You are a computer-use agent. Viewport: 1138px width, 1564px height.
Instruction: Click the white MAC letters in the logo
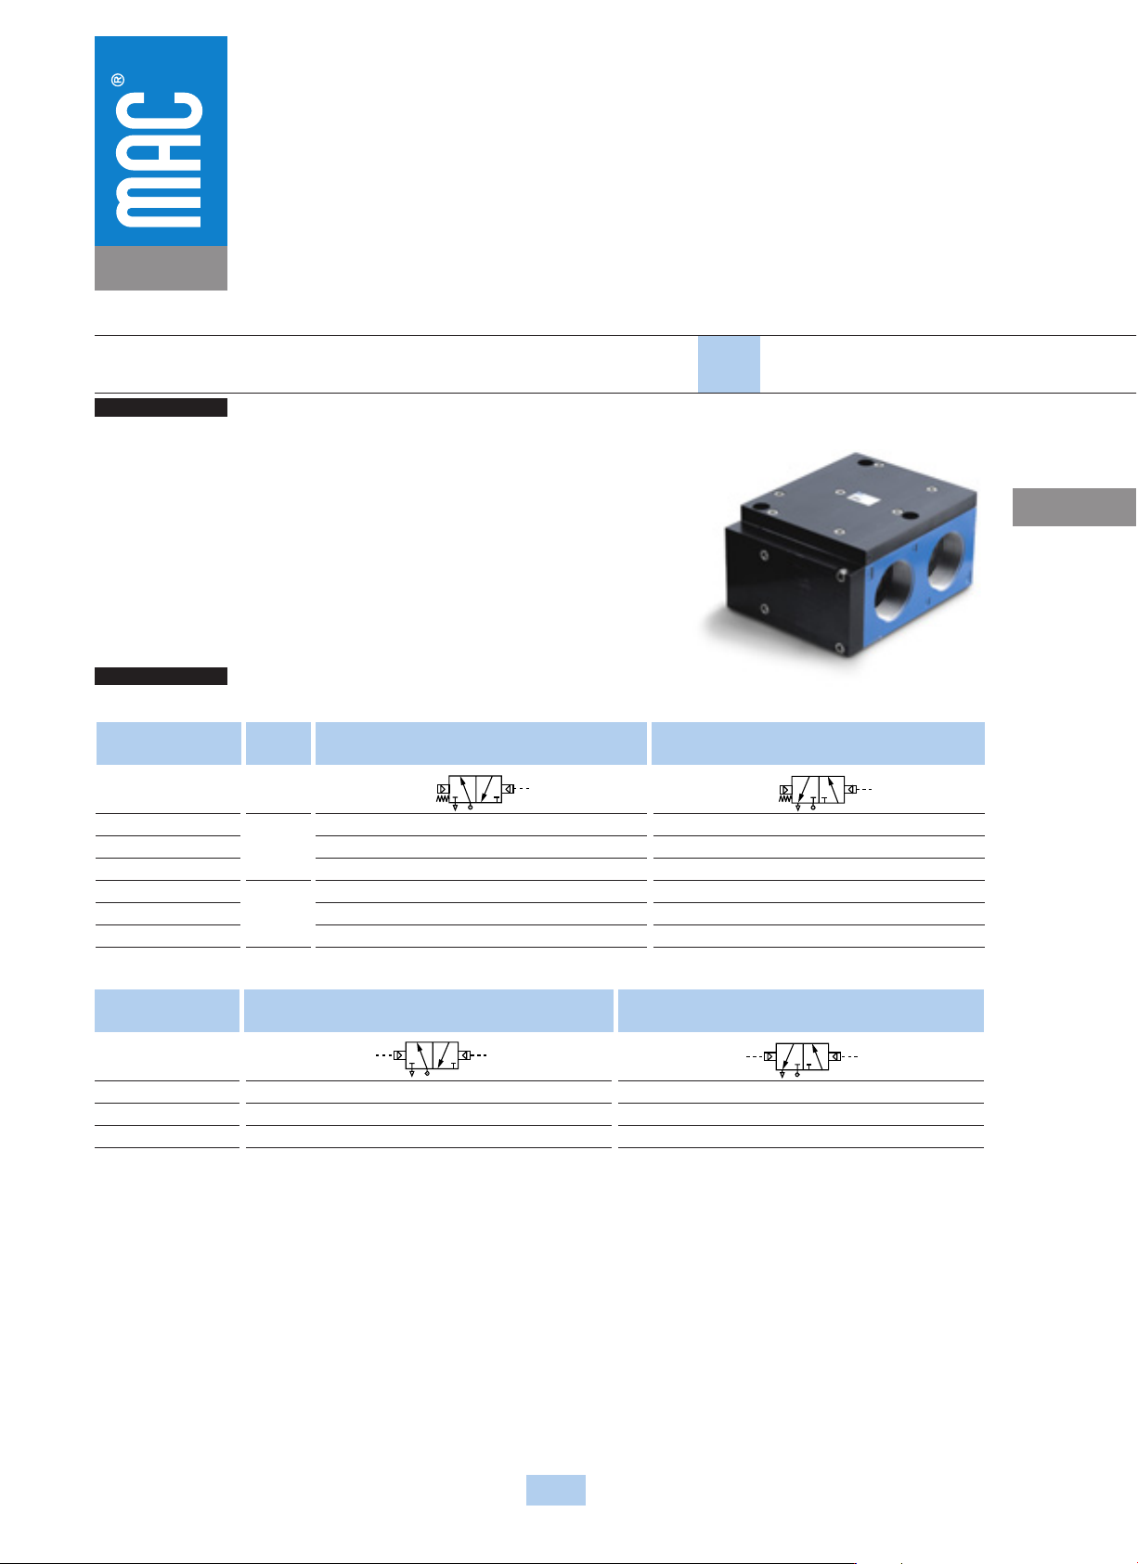tap(159, 160)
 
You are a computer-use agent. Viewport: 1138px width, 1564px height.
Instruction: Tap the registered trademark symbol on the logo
tap(118, 80)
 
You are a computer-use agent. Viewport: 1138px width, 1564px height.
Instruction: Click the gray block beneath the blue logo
tap(161, 268)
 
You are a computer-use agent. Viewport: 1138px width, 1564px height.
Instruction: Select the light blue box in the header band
tap(729, 365)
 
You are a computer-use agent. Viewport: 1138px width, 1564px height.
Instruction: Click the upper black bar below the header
tap(161, 407)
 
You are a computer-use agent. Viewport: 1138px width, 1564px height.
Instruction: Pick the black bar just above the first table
tap(161, 676)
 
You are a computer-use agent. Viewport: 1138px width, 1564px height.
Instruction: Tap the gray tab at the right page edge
tap(1074, 507)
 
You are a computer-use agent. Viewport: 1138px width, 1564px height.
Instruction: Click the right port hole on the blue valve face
tap(946, 561)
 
